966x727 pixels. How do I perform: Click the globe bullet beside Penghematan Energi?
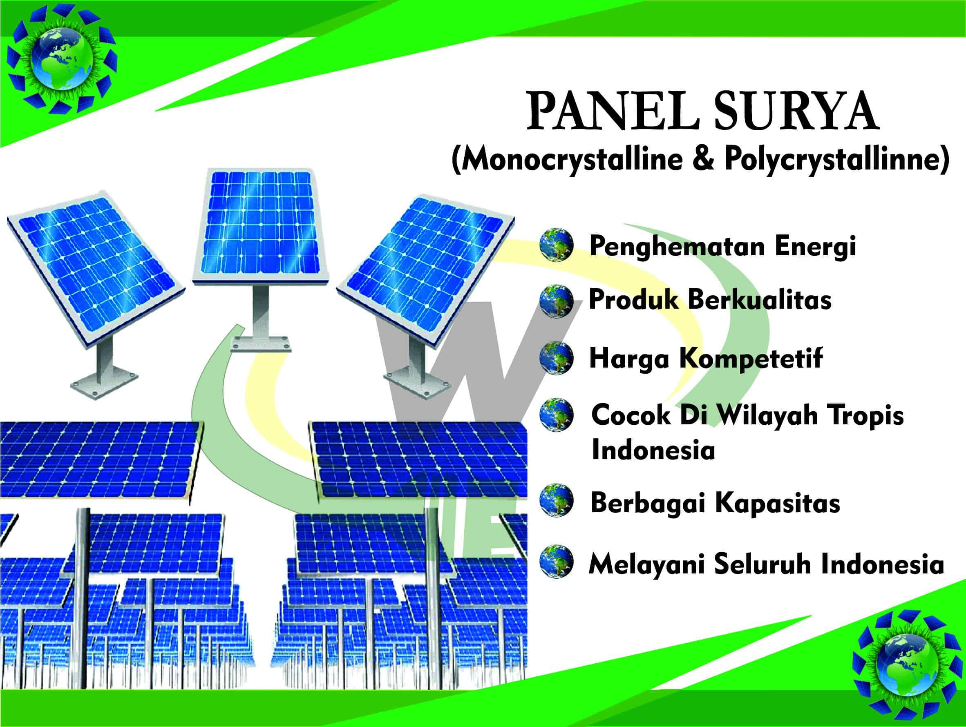[556, 245]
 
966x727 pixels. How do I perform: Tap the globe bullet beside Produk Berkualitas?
[556, 301]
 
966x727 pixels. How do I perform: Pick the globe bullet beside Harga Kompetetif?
[556, 358]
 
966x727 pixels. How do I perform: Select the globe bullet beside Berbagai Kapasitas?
[556, 500]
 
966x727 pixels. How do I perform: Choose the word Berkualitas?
[760, 300]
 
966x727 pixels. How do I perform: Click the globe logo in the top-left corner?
[62, 58]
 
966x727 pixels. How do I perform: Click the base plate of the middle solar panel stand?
[261, 344]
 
